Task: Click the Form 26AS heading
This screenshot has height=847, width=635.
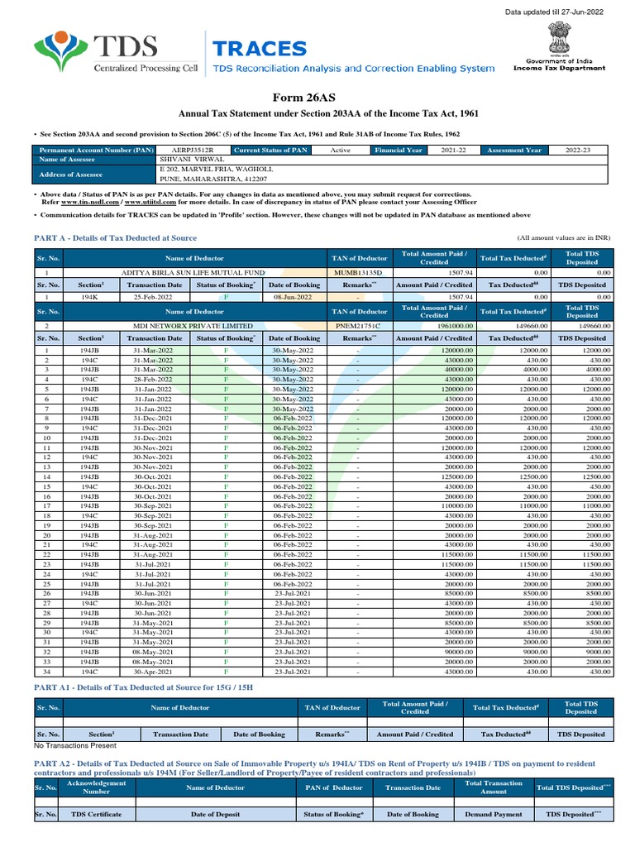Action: pos(317,95)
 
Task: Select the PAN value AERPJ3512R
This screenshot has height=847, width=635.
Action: pos(192,151)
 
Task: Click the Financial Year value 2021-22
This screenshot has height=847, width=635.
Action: pos(448,151)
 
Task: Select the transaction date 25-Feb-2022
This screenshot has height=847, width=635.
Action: pos(150,295)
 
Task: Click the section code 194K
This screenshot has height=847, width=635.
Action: pos(89,295)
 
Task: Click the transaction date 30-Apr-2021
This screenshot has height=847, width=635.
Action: pos(150,671)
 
